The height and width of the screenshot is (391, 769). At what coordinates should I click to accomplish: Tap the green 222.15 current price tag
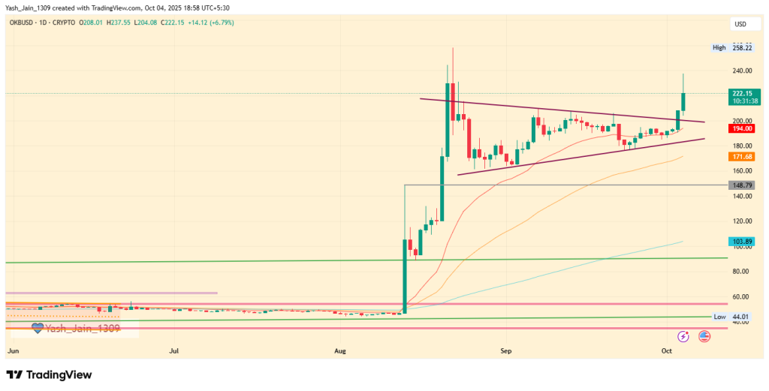pos(740,94)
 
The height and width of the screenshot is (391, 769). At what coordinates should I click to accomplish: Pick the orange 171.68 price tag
pos(740,156)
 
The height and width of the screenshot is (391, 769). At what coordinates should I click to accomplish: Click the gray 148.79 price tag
pos(740,185)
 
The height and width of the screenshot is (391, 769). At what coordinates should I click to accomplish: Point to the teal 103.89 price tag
pos(740,241)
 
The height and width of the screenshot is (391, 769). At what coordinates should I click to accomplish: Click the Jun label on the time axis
pos(12,350)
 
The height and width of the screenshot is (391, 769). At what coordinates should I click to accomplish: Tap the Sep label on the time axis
pos(506,350)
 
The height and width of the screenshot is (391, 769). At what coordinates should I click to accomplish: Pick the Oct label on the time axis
pos(667,350)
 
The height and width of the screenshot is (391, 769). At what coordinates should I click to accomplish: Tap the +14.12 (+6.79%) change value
pos(216,23)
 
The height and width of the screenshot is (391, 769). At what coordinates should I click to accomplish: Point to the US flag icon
pos(704,336)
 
